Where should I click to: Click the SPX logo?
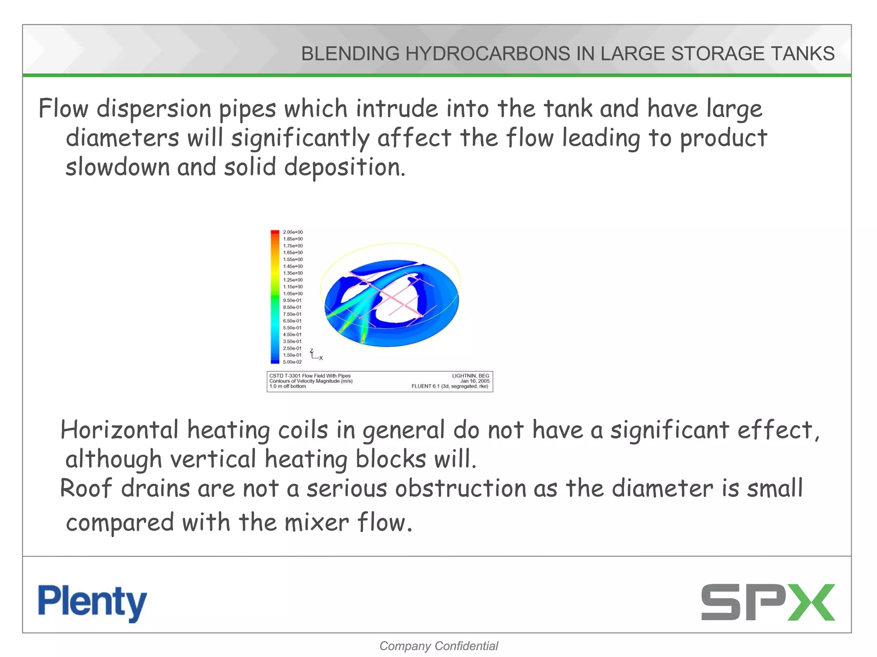click(x=768, y=602)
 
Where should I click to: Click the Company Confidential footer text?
click(x=438, y=646)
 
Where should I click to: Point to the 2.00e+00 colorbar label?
click(x=293, y=232)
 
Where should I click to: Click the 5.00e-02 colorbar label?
click(x=292, y=362)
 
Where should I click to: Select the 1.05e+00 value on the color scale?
click(x=293, y=294)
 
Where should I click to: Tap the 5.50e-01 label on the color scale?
click(x=292, y=328)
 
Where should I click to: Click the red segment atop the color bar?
click(x=275, y=233)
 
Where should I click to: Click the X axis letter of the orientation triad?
click(x=321, y=358)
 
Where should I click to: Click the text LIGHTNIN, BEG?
click(x=470, y=376)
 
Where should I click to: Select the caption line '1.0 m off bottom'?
click(x=288, y=386)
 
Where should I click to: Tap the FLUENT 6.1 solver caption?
click(x=450, y=386)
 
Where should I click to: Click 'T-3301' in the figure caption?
click(x=292, y=376)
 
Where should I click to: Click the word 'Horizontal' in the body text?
click(x=119, y=430)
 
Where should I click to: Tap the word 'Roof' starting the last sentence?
click(x=86, y=488)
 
